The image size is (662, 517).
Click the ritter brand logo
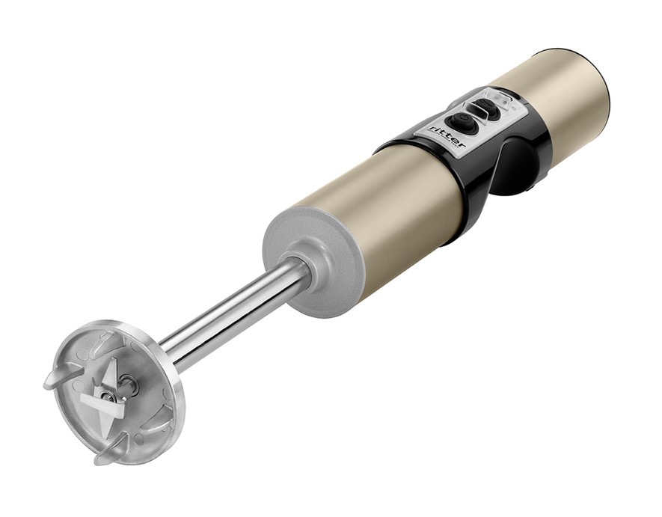coord(448,136)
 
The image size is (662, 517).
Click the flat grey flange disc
coord(313,261)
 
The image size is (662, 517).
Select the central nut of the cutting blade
coord(106,396)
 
